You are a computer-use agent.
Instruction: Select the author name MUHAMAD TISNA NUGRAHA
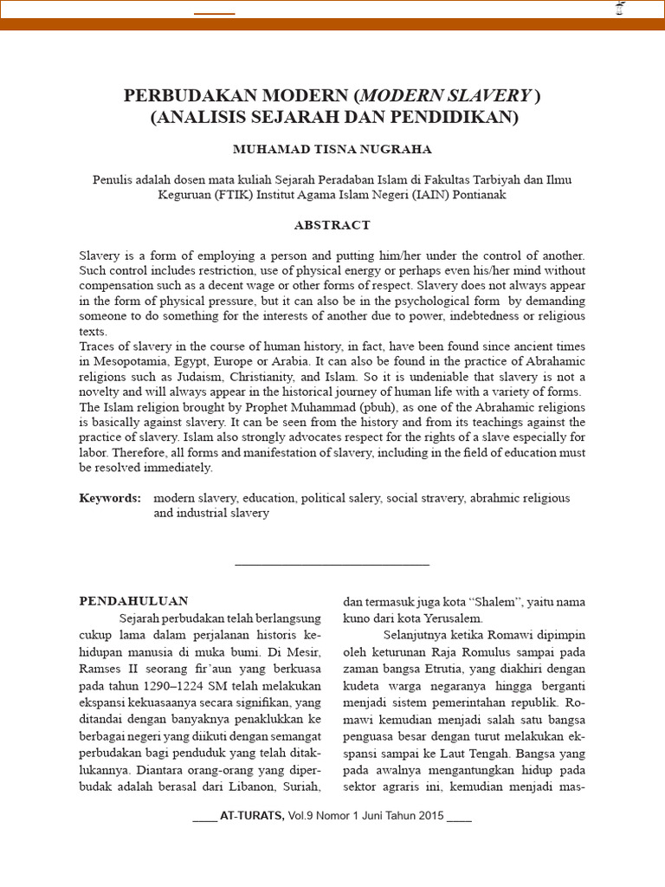click(x=332, y=149)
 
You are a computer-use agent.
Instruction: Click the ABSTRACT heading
click(x=332, y=225)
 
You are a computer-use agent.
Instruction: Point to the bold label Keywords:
click(x=110, y=498)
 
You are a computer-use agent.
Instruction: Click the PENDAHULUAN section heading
click(x=133, y=601)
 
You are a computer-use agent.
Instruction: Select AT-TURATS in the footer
click(x=253, y=816)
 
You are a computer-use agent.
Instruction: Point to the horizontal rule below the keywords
click(x=332, y=565)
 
